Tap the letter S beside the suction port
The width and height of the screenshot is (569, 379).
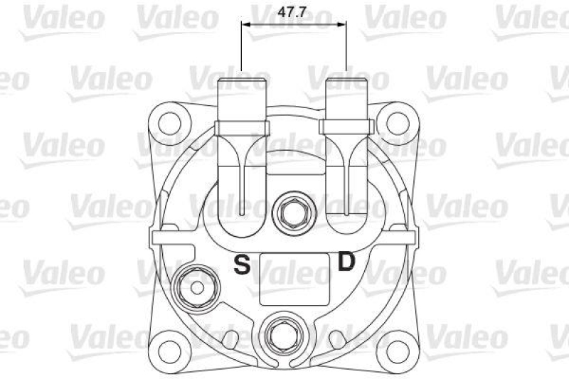pyautogui.click(x=243, y=265)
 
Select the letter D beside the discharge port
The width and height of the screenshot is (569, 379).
pyautogui.click(x=346, y=263)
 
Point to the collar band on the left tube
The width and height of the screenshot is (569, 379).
pyautogui.click(x=243, y=127)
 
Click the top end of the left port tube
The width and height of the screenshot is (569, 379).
pyautogui.click(x=242, y=80)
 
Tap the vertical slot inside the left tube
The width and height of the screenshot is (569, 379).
pyautogui.click(x=243, y=188)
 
